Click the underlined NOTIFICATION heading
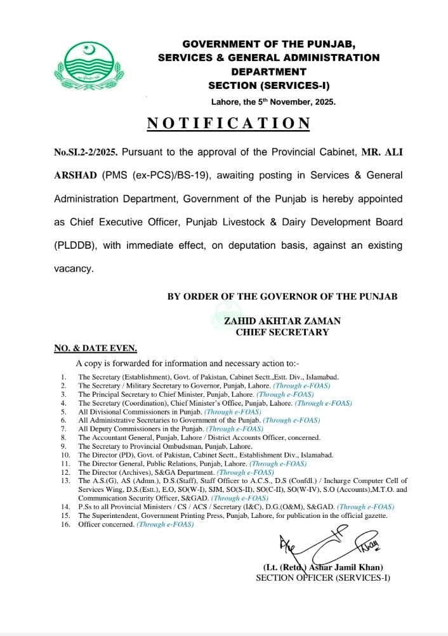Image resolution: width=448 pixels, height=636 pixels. (x=229, y=123)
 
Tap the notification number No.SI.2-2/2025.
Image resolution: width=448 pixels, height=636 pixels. (x=85, y=153)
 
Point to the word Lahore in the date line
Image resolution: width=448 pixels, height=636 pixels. (x=225, y=102)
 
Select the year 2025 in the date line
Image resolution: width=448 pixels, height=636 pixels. (x=322, y=102)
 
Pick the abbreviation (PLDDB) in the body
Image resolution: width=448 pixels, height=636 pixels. (x=77, y=246)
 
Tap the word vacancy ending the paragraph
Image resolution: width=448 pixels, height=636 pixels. (x=74, y=268)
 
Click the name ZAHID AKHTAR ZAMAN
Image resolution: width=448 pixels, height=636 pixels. (x=282, y=321)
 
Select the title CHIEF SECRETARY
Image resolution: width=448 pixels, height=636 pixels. (x=282, y=332)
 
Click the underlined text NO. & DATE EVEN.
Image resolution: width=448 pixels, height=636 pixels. (x=95, y=348)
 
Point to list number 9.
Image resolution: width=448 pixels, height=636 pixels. (x=63, y=446)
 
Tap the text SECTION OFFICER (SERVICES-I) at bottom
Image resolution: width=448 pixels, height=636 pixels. (x=322, y=578)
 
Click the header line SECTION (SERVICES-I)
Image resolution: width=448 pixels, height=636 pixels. (x=268, y=85)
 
